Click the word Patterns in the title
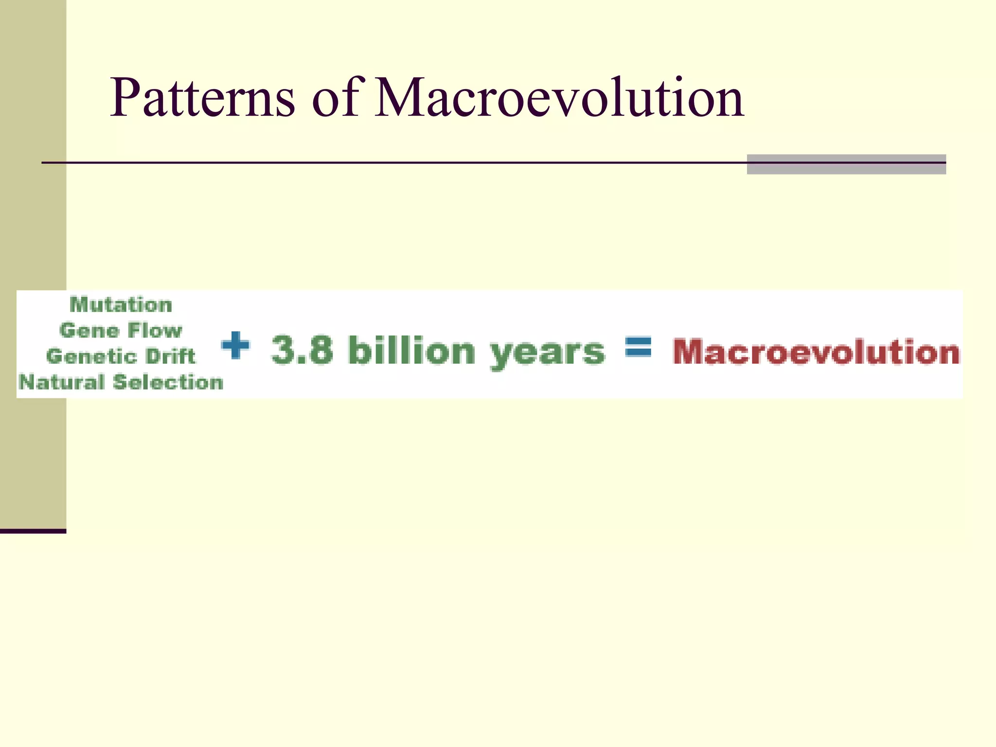[202, 99]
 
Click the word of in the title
[336, 99]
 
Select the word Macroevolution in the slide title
[559, 99]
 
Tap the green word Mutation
[121, 305]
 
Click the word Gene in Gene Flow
[89, 331]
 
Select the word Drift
[170, 356]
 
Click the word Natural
[61, 382]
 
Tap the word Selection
[168, 382]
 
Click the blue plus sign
[235, 345]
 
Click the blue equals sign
[638, 347]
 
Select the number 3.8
[302, 350]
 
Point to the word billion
[411, 350]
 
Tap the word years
[547, 352]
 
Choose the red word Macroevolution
[816, 352]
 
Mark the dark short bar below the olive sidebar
[33, 531]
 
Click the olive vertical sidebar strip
[33, 219]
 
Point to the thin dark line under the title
[389, 162]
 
